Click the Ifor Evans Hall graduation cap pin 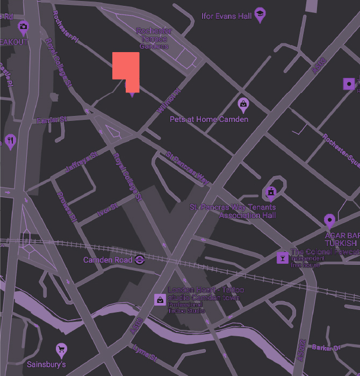click(260, 15)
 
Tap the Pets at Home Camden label click(209, 119)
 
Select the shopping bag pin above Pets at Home click(243, 104)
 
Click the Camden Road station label click(107, 261)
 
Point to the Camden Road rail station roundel click(139, 260)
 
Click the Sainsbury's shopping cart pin click(61, 350)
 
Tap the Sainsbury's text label click(46, 365)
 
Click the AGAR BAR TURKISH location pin click(329, 221)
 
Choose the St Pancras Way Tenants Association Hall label click(233, 211)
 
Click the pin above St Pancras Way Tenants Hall click(272, 192)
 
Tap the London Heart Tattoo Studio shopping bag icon click(159, 300)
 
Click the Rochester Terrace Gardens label click(154, 39)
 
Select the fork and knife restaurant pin click(10, 141)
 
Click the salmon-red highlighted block click(125, 68)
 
